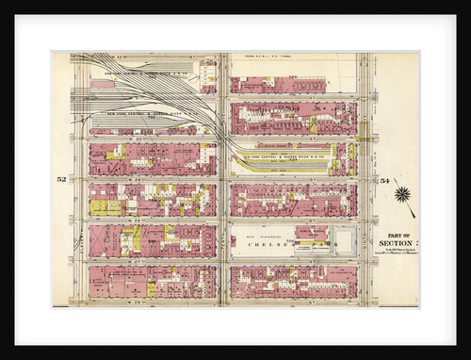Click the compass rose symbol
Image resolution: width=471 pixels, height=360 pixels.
coord(403,195)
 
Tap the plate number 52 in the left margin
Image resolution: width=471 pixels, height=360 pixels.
coord(61,178)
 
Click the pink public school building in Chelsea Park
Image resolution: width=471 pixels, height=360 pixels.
coord(312,232)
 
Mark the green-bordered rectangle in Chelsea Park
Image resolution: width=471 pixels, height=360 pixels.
coord(345,241)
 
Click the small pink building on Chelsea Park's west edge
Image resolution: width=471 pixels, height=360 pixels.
coord(233,241)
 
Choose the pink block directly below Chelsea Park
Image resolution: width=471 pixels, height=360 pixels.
coord(293,281)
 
